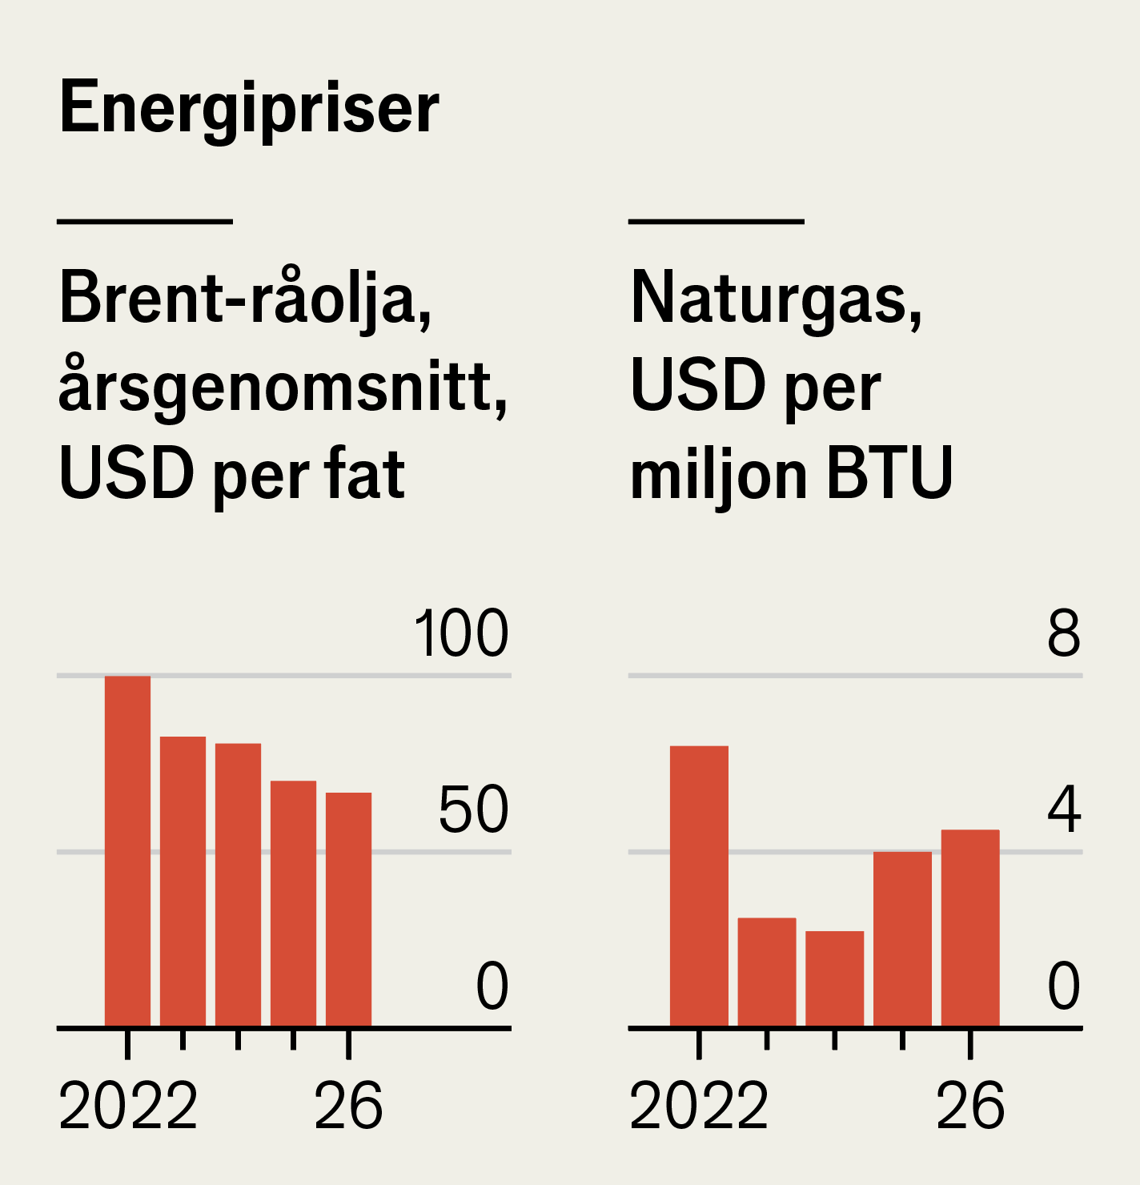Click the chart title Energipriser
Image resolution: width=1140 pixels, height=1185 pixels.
(x=249, y=108)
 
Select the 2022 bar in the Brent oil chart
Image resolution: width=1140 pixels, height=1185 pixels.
(x=127, y=850)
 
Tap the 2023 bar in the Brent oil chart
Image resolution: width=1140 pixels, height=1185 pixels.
(x=183, y=881)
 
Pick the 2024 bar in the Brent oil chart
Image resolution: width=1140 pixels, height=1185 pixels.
(x=238, y=884)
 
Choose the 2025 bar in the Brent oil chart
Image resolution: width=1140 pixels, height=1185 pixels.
(x=293, y=902)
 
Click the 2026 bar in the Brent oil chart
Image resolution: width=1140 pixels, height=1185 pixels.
(x=348, y=909)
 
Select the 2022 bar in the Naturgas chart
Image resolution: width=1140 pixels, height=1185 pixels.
(x=699, y=886)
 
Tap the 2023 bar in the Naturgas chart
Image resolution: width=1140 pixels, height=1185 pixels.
(x=767, y=971)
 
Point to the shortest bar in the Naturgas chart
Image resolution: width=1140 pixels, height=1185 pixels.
(x=834, y=978)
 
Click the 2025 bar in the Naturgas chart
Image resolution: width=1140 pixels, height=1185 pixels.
(x=902, y=938)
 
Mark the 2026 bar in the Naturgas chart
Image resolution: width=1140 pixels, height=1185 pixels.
(x=970, y=927)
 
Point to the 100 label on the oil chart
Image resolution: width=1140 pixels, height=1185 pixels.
(x=461, y=634)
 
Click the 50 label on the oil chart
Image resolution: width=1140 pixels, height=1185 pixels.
(x=473, y=810)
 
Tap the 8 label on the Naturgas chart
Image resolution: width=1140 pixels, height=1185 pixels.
(x=1064, y=634)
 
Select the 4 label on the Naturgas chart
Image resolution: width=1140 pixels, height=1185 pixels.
(x=1064, y=810)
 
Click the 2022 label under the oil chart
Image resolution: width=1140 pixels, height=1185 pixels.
(x=128, y=1107)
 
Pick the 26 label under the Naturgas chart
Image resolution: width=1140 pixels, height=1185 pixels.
(x=970, y=1107)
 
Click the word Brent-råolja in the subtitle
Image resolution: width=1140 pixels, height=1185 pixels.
(x=245, y=299)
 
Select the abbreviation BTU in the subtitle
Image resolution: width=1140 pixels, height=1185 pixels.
(x=889, y=474)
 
